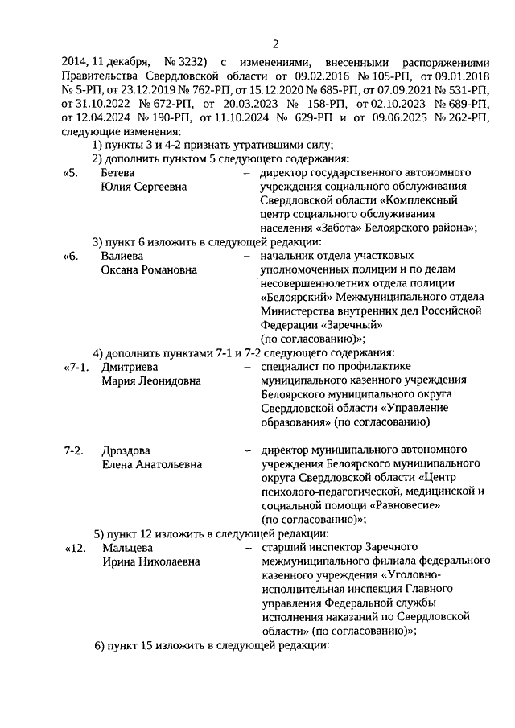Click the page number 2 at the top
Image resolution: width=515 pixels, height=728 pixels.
[x=275, y=43]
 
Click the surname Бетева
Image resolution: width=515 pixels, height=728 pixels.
[x=117, y=173]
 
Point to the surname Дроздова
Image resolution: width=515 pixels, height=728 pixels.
[x=126, y=450]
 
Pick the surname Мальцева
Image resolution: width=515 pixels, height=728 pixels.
[x=127, y=548]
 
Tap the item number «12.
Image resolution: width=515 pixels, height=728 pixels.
[x=73, y=548]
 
